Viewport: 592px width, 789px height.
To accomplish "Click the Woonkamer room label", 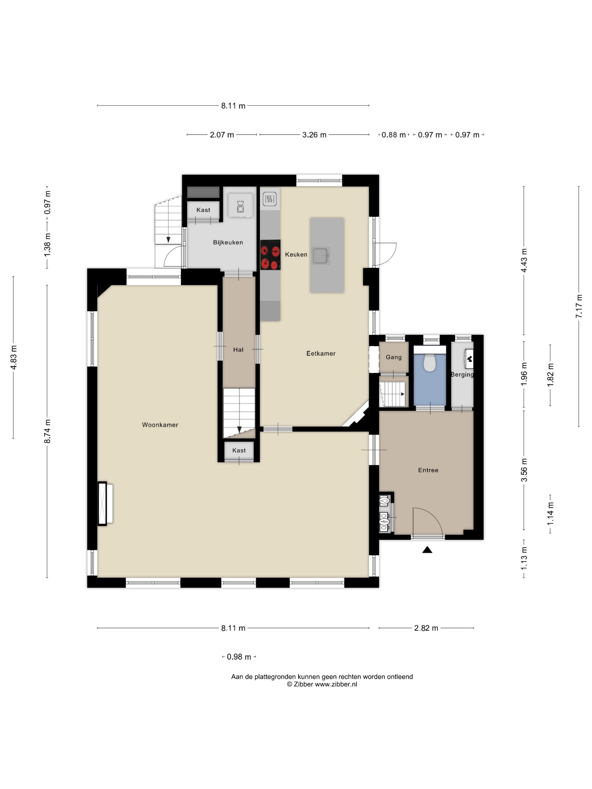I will [160, 425].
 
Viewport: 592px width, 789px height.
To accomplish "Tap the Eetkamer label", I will [321, 353].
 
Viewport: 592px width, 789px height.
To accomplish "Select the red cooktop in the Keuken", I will [270, 255].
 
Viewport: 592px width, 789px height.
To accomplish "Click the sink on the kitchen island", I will [321, 255].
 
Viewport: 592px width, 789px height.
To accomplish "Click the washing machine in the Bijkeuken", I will [240, 205].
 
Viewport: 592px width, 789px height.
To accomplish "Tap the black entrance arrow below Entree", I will [427, 550].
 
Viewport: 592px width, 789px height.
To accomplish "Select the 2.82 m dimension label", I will [426, 628].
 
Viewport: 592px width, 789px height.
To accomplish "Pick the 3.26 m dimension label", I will [314, 135].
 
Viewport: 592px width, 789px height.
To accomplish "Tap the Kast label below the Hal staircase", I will [239, 451].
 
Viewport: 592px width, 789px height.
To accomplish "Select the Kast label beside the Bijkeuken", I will [203, 210].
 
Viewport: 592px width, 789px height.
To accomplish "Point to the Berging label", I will [462, 374].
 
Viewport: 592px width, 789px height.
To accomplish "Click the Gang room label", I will [394, 357].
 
